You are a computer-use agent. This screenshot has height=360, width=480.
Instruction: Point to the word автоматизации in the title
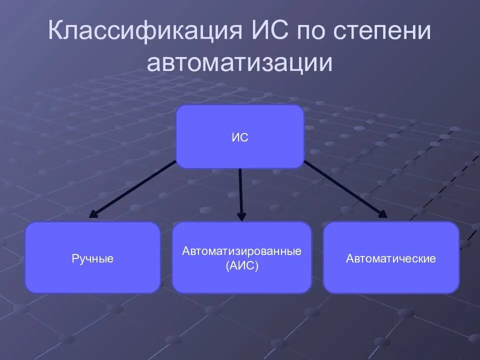pyautogui.click(x=239, y=64)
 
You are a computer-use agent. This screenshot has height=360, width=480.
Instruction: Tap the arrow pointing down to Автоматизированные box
pyautogui.click(x=240, y=192)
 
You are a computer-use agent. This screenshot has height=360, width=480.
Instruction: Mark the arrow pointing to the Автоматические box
pyautogui.click(x=345, y=188)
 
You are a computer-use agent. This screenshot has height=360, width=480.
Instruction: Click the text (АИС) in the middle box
pyautogui.click(x=241, y=266)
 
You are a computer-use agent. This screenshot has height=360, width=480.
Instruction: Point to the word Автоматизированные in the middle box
pyautogui.click(x=241, y=251)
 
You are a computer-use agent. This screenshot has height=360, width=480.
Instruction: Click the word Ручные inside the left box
pyautogui.click(x=92, y=259)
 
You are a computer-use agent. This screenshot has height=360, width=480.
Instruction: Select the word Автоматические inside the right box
pyautogui.click(x=391, y=259)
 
